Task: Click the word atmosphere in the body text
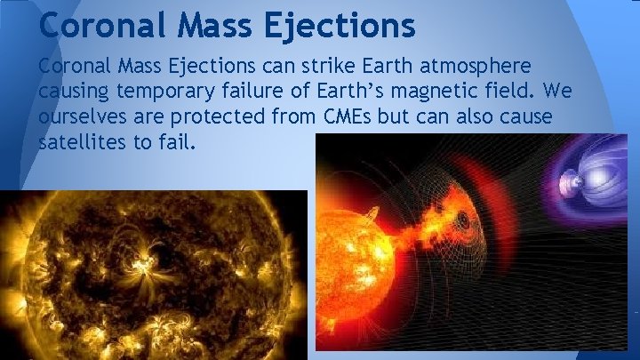477,68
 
